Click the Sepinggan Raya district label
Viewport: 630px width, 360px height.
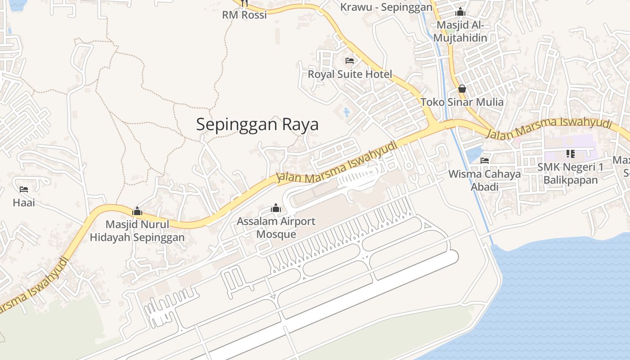(x=257, y=125)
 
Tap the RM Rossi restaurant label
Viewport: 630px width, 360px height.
(x=244, y=15)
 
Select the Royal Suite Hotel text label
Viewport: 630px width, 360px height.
(x=350, y=74)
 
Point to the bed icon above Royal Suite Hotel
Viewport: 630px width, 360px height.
(x=350, y=61)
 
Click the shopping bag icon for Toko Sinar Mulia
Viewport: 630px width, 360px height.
(x=462, y=89)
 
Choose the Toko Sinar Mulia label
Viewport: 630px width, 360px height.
(x=462, y=102)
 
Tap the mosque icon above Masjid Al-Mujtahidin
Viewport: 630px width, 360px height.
(x=460, y=12)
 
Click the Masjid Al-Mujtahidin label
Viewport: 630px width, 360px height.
(x=460, y=31)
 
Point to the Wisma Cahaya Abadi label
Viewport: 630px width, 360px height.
(x=485, y=180)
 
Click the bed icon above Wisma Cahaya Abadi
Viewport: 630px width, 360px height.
(x=485, y=160)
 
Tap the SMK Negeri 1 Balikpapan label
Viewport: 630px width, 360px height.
(x=571, y=174)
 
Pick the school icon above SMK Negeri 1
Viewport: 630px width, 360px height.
(x=571, y=154)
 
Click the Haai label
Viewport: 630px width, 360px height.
(x=24, y=202)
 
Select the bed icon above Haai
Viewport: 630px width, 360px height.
(x=24, y=189)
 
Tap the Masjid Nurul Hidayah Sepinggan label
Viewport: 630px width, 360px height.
(x=137, y=231)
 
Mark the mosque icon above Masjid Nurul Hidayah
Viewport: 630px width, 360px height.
(x=137, y=211)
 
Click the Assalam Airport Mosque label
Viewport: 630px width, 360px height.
(x=276, y=228)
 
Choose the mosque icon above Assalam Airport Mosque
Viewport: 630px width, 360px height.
(x=276, y=208)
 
